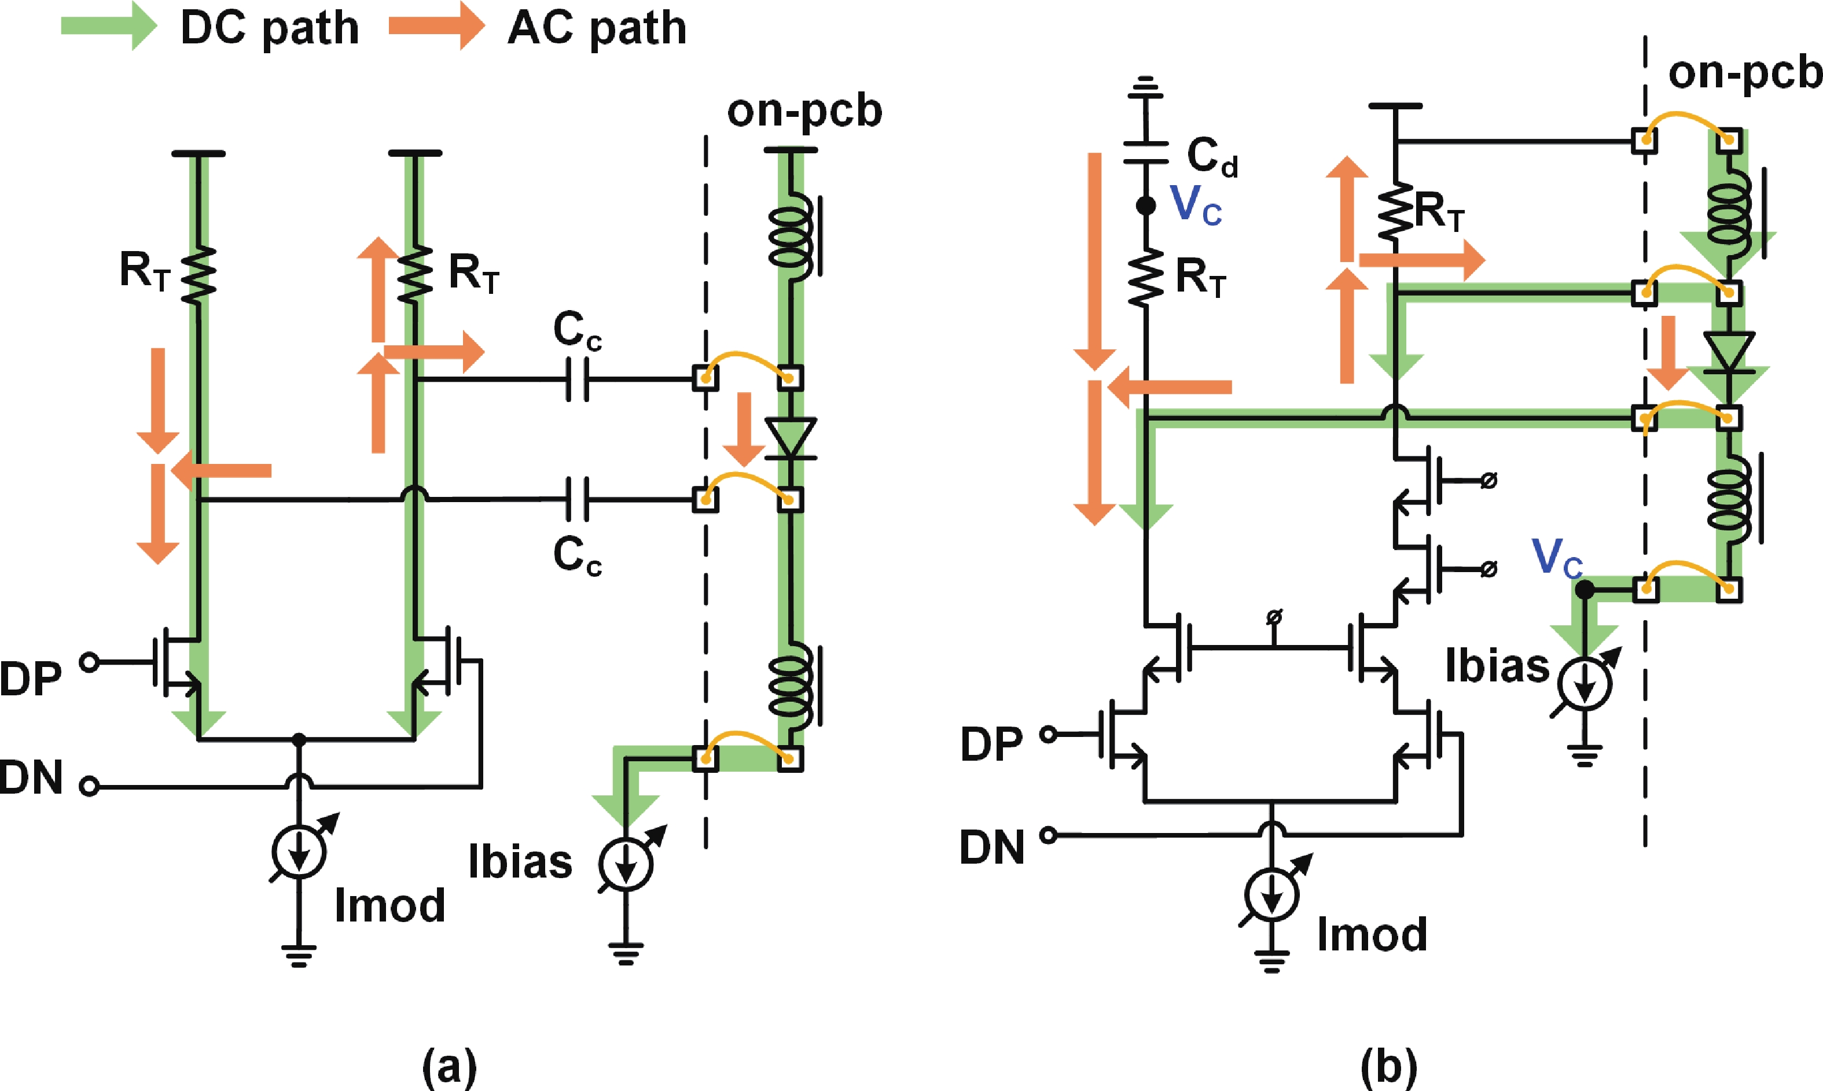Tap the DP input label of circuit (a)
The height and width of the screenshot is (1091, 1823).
[31, 678]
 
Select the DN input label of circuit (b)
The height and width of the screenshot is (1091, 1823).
[992, 847]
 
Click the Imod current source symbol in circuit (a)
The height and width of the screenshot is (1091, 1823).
[299, 852]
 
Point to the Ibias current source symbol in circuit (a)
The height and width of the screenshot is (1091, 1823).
[626, 865]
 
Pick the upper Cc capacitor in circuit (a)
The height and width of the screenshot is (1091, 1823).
[577, 379]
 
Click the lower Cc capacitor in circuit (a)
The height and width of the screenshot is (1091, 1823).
[577, 500]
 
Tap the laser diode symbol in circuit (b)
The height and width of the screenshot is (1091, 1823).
[1729, 356]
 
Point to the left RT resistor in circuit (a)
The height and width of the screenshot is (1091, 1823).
[197, 276]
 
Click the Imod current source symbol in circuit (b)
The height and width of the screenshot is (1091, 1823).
[1271, 895]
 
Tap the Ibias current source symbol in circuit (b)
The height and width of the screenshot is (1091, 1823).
[1584, 683]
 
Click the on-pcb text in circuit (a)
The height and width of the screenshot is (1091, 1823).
[804, 112]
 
